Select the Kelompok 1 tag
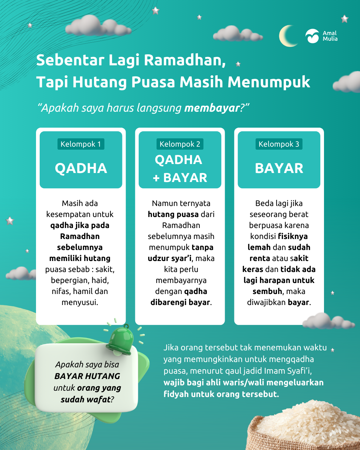(x=81, y=144)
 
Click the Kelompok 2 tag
(x=180, y=144)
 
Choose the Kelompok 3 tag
(x=279, y=144)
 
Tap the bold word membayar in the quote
(x=212, y=108)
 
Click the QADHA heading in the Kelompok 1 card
(x=81, y=168)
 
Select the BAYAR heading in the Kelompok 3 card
(x=279, y=168)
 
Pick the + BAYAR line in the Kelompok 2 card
(x=180, y=178)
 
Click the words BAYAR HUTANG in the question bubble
(x=87, y=376)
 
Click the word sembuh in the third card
(x=267, y=291)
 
